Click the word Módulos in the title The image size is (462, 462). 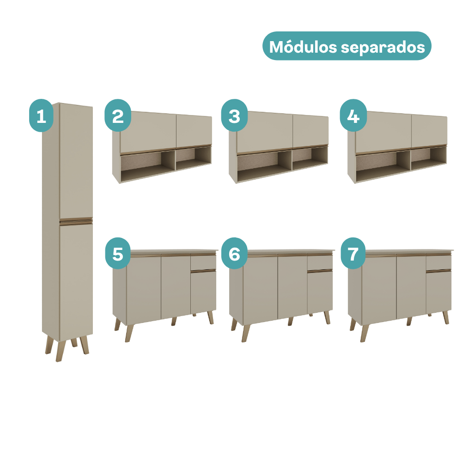point(303,47)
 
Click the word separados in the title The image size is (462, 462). point(383,47)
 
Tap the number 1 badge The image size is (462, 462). point(41,115)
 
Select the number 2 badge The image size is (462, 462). point(118,115)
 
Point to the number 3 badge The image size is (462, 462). point(235,115)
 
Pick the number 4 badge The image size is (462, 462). point(353,115)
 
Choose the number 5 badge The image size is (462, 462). point(118,253)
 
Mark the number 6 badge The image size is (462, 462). point(235,253)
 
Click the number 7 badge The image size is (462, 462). point(353,253)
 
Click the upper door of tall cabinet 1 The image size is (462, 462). point(76,161)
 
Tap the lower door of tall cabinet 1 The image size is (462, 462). point(76,282)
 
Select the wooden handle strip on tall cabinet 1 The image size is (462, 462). point(76,221)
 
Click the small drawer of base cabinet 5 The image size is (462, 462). point(203,262)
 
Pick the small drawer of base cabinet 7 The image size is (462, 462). point(439,262)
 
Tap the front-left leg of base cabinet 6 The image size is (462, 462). point(246,333)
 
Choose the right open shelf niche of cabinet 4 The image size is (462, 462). point(429,158)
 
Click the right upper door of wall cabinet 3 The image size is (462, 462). point(310,131)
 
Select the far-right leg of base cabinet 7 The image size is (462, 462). point(446,317)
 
